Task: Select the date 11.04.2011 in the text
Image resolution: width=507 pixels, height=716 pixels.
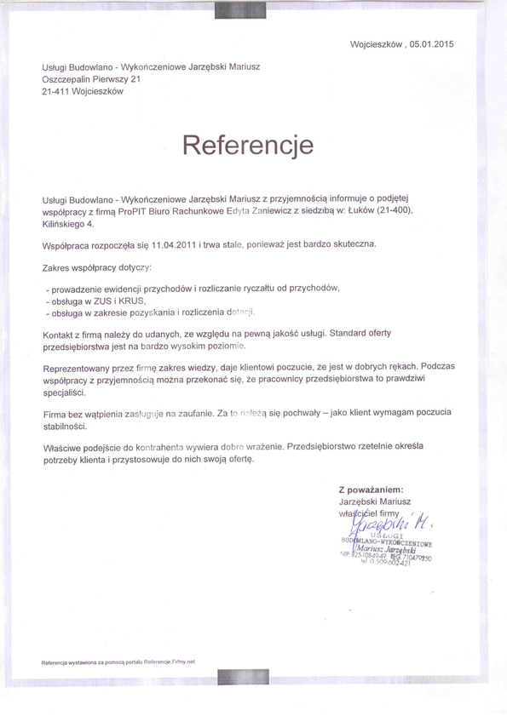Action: coord(174,245)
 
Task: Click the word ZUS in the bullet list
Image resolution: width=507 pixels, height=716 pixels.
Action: coord(103,301)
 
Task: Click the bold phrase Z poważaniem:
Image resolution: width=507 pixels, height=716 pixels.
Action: coord(371,490)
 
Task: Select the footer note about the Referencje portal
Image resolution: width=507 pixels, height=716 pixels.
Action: coord(118,662)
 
